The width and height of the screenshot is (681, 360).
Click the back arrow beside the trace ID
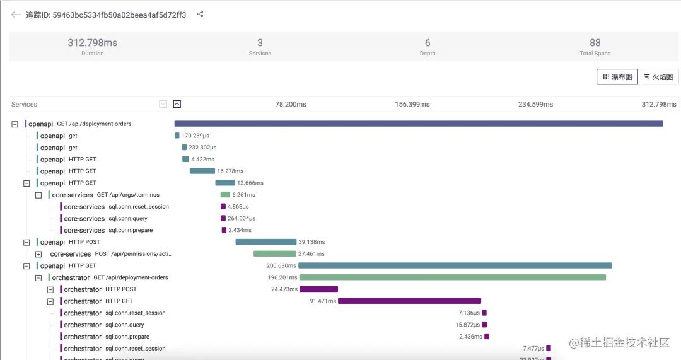16,15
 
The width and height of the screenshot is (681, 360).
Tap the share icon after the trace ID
201,14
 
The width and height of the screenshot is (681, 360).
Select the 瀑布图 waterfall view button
617,77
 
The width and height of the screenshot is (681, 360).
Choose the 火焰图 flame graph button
659,77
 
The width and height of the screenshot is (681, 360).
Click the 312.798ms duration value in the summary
93,43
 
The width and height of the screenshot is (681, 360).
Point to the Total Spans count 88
595,43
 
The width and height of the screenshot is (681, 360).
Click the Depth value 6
428,43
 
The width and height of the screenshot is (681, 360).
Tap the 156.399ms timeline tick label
412,104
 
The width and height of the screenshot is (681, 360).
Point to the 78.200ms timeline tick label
291,104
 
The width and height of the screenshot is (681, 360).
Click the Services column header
25,104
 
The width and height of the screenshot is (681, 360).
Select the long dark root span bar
419,124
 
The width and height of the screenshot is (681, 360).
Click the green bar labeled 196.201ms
453,277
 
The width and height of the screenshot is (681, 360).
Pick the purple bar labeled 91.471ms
409,301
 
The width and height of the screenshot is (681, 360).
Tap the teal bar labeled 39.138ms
265,242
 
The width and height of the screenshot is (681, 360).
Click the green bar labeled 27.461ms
274,254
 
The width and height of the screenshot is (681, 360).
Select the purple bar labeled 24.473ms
318,289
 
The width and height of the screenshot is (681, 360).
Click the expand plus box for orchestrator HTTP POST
50,289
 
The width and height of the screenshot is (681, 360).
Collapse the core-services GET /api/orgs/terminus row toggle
38,195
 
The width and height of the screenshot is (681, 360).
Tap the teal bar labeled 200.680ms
455,265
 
